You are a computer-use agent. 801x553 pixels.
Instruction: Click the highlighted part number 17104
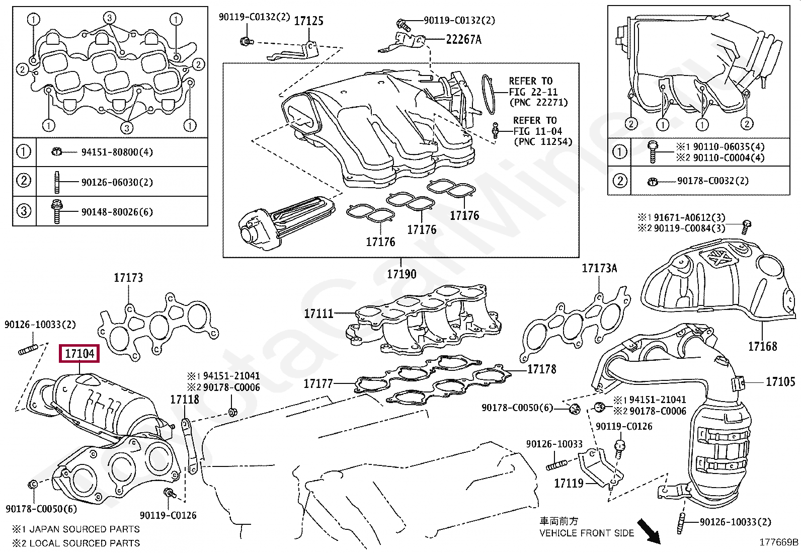click(79, 354)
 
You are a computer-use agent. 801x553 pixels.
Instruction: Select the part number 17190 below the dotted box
click(402, 274)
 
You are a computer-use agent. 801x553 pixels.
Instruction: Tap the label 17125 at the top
click(308, 21)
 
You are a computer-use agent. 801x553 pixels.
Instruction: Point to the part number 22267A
click(463, 39)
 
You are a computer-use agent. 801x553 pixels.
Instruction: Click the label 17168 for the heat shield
click(762, 346)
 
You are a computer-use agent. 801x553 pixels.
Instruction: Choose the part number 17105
click(780, 382)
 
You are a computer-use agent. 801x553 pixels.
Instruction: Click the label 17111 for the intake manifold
click(319, 313)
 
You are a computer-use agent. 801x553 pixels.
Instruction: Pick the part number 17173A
click(599, 268)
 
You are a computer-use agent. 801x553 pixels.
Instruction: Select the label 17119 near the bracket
click(569, 484)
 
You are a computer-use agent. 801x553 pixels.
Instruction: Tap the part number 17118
click(185, 400)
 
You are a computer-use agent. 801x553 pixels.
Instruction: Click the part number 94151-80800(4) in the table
click(117, 152)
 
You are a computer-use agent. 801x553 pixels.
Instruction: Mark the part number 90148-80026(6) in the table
click(117, 212)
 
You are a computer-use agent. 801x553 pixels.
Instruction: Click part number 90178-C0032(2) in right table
click(712, 181)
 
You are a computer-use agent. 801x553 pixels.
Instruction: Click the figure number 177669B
click(778, 542)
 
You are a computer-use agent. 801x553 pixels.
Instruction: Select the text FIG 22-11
click(533, 92)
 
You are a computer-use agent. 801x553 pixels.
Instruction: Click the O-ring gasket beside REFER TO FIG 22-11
click(487, 94)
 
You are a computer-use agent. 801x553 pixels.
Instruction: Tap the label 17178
click(541, 369)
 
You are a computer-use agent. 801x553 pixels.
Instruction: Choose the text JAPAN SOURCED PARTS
click(85, 529)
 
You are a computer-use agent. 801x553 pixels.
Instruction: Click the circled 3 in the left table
click(24, 211)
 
